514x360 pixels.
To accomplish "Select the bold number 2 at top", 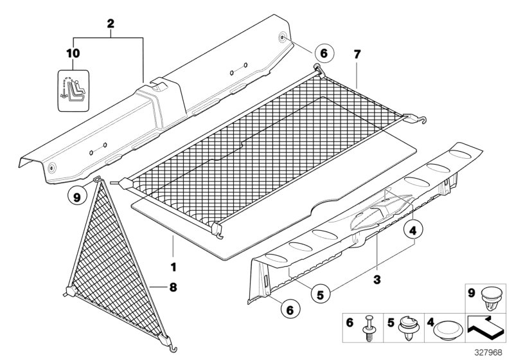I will pyautogui.click(x=111, y=23).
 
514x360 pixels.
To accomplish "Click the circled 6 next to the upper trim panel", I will pyautogui.click(x=323, y=55).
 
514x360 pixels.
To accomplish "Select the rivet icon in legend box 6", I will pyautogui.click(x=371, y=327).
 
